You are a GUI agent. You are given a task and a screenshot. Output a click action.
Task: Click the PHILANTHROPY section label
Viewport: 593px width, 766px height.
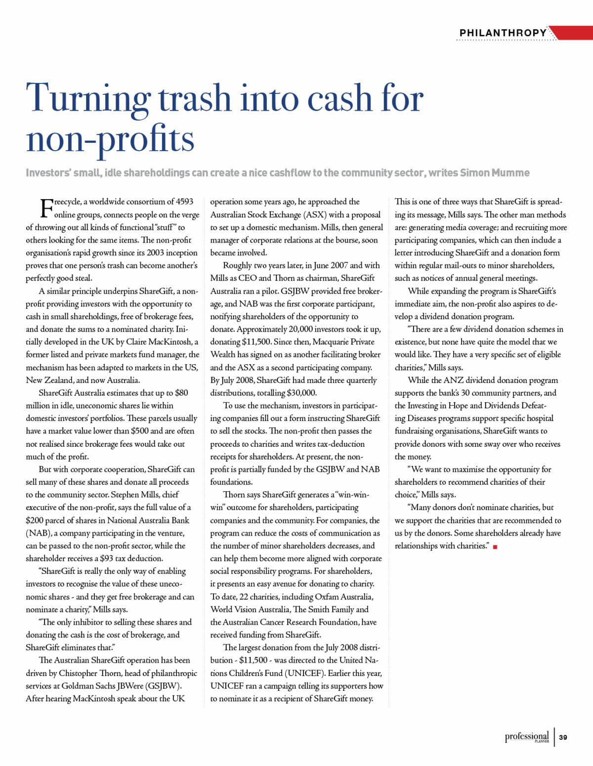503,33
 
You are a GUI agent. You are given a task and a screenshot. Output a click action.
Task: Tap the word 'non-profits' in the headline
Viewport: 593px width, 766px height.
110,139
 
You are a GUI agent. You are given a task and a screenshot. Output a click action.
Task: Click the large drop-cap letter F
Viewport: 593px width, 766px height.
46,208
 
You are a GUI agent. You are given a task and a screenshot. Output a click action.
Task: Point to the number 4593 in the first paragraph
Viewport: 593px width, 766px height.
184,202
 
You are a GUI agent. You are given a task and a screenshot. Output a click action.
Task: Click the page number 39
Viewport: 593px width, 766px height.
563,737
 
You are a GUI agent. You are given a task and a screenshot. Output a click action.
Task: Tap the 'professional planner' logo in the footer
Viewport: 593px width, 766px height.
527,737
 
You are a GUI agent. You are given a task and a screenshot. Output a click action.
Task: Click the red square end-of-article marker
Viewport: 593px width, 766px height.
495,547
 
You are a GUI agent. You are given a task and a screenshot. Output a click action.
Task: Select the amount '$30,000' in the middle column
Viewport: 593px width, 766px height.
301,393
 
